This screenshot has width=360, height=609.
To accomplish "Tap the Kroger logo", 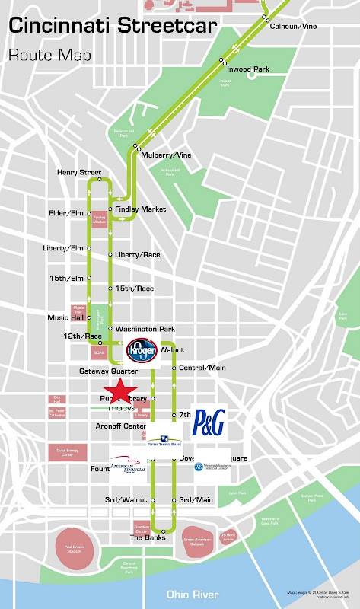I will (x=141, y=351).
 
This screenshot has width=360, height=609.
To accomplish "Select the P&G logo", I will (x=209, y=422).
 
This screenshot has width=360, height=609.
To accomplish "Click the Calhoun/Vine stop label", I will (x=293, y=25).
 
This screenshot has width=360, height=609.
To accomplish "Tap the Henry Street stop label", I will (x=79, y=173).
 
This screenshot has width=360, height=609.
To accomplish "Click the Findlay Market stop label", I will (x=141, y=209).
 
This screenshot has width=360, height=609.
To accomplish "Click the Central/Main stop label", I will (x=202, y=368).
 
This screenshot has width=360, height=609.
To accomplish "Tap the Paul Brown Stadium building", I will (x=78, y=550).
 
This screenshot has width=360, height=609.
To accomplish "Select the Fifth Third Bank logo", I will (x=164, y=438).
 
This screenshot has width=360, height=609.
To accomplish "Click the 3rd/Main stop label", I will (x=196, y=500).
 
